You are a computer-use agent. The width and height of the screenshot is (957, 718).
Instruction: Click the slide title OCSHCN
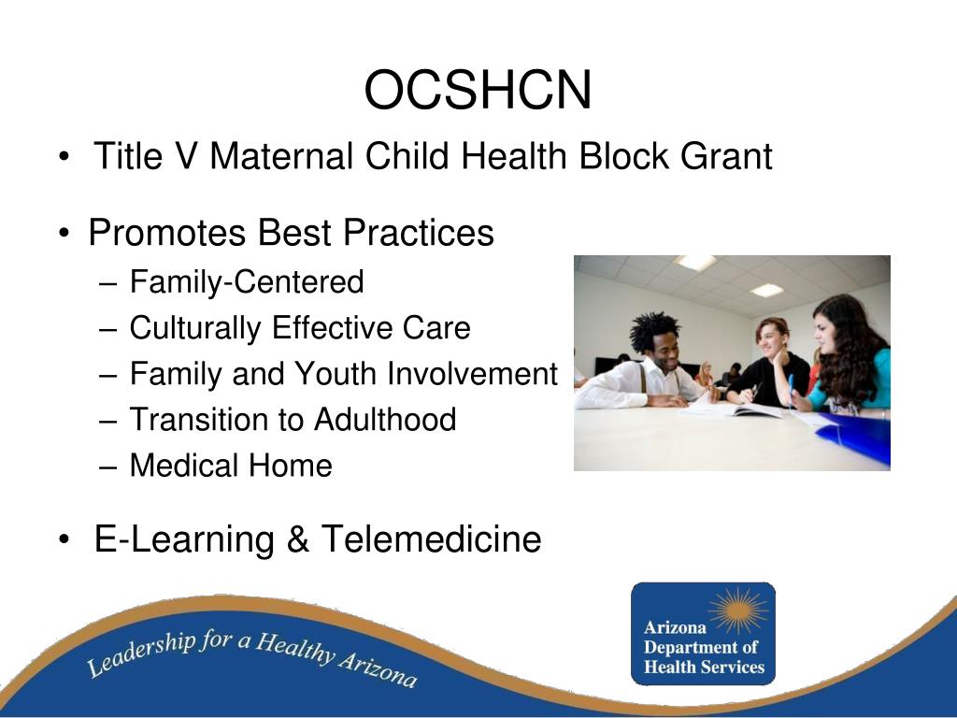(478, 91)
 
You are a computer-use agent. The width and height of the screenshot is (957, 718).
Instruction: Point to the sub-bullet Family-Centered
(246, 281)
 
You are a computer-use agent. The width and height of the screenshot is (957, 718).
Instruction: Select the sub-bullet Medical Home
(230, 465)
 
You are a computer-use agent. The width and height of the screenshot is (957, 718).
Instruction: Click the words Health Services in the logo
(704, 667)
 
